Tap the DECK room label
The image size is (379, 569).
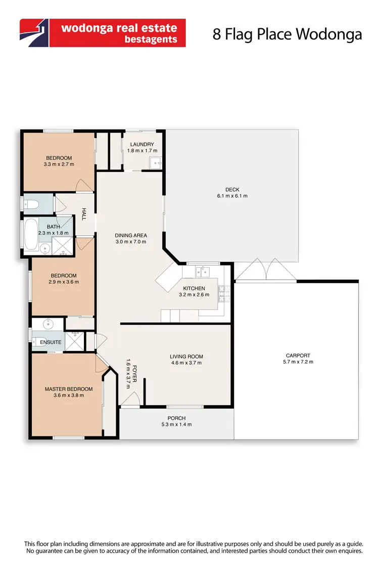click(232, 189)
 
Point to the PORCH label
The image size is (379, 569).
click(177, 418)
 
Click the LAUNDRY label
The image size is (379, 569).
click(142, 144)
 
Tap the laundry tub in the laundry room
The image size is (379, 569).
click(156, 163)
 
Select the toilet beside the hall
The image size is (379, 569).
click(31, 204)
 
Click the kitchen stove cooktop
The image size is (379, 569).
click(223, 294)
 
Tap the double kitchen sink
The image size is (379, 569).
click(203, 272)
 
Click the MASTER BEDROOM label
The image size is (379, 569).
click(69, 388)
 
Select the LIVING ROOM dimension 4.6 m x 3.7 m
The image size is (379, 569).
click(186, 363)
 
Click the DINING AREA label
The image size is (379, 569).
click(131, 235)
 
